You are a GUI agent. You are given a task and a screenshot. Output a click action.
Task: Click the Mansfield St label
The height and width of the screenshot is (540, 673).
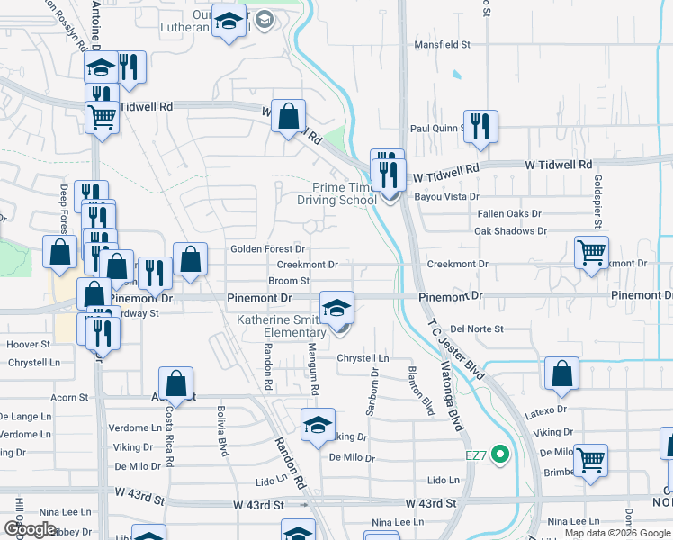coord(441,44)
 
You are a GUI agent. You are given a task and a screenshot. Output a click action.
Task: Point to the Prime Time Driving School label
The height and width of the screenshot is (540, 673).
coord(337,193)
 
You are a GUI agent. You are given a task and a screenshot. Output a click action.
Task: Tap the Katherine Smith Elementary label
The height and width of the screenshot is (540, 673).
coord(288,326)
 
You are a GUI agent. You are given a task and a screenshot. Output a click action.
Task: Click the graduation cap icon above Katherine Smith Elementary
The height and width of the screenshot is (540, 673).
coord(336,308)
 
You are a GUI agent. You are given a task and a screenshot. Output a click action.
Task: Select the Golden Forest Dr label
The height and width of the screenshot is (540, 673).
coord(268,249)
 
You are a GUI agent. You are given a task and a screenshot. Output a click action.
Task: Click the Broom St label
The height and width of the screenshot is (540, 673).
coord(289,281)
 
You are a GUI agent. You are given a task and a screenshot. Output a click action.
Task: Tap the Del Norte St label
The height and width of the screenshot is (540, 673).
coord(477,329)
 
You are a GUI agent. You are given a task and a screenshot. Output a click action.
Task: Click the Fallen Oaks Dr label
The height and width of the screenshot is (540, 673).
coord(509,214)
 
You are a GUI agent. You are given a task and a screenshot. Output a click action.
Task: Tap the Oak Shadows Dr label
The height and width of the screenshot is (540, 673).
coord(511,231)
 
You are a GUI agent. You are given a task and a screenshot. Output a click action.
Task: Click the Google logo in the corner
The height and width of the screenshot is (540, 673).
coord(29,529)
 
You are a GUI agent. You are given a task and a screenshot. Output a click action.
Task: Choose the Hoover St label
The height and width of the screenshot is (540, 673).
coord(28,345)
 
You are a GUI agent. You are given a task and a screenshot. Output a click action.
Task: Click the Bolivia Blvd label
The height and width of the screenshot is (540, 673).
coord(220,431)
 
